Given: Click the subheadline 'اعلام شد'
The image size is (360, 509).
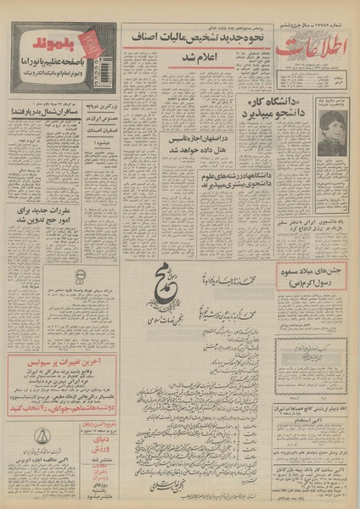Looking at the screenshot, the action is coord(194,55).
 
